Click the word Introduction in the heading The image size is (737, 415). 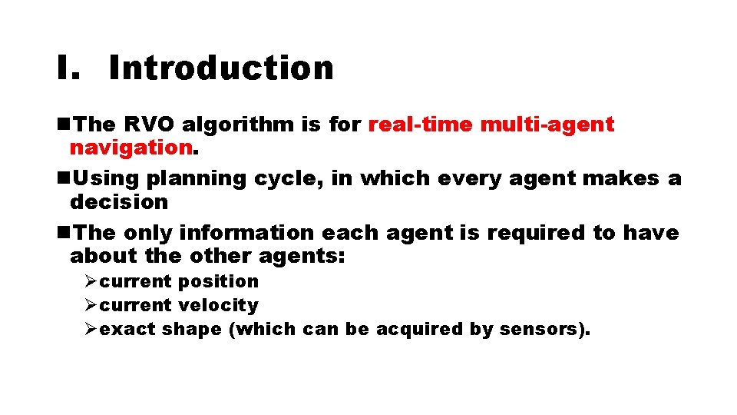221,68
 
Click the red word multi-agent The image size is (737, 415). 547,124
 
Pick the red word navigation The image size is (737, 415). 130,146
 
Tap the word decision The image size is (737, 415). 119,201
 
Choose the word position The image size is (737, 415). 219,282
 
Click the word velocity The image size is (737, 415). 219,305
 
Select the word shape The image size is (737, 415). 197,329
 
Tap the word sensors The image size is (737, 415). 541,329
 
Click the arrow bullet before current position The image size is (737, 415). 91,282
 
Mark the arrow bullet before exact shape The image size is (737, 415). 91,329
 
